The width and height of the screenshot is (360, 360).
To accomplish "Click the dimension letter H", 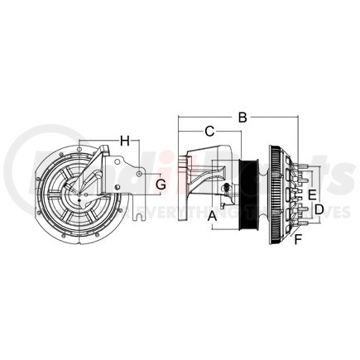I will pos(125,141).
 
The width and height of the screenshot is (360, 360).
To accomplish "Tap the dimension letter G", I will pos(161,184).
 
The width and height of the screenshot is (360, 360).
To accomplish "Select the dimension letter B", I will pos(242,118).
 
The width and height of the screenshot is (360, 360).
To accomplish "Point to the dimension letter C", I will pos(210,131).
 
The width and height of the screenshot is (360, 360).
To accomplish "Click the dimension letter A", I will pos(213,216).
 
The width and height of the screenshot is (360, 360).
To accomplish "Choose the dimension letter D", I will pos(319,210).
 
